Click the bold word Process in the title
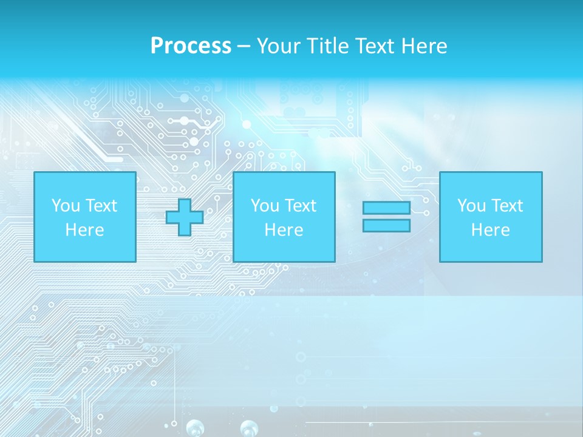pos(191,46)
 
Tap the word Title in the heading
pos(328,46)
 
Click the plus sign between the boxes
pos(185,217)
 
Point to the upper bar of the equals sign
pos(386,208)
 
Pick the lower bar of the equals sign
pos(386,226)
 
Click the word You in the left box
pos(66,206)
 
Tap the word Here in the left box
pos(84,230)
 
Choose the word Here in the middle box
pos(284,230)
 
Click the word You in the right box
pos(471,206)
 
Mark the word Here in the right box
pos(490,230)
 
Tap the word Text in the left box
pos(101,206)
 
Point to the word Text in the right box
pos(507,206)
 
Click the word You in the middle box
pos(265,206)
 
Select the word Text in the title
pos(372,46)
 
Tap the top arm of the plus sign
pos(185,205)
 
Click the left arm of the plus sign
pos(172,217)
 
